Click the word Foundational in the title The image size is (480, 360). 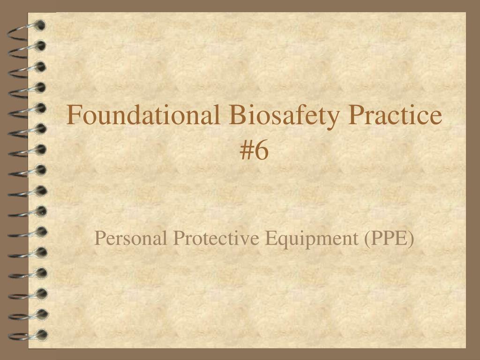point(143,114)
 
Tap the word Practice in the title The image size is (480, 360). point(395,114)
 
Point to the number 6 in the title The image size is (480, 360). point(262,150)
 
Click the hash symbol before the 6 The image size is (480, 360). point(247,150)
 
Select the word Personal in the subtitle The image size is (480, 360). point(131,238)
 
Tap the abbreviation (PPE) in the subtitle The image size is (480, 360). point(389,239)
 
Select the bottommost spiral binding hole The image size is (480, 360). point(42,335)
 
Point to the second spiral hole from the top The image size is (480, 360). point(40,46)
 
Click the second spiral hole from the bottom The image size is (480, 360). point(42,314)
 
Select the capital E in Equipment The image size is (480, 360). point(270,238)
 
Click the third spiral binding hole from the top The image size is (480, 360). point(40,67)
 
